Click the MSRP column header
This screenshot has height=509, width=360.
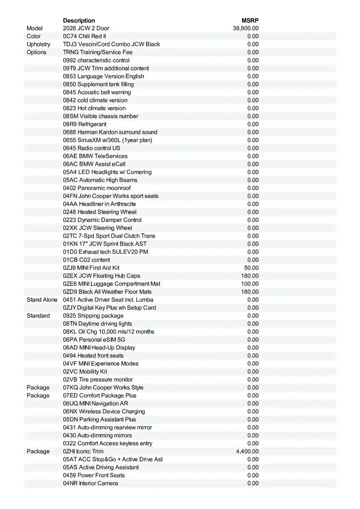250,20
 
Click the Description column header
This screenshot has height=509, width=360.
79,20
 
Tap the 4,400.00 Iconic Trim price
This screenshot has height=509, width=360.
247,451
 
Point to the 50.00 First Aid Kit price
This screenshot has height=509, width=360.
251,268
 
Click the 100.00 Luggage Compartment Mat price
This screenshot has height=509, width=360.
250,284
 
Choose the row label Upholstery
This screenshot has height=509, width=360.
38,44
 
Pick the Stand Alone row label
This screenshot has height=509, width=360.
42,300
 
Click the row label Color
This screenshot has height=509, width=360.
34,36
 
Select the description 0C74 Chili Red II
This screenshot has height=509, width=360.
84,36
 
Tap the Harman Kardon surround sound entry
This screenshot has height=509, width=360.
110,132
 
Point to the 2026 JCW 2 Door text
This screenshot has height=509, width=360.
86,28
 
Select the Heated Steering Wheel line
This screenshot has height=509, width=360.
100,212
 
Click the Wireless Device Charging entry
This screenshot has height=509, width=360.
104,411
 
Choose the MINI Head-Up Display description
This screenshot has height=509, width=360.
99,348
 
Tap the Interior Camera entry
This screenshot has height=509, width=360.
90,484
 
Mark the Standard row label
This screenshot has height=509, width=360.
38,316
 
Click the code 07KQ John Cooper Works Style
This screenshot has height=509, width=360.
103,388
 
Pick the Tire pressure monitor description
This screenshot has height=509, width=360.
98,380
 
